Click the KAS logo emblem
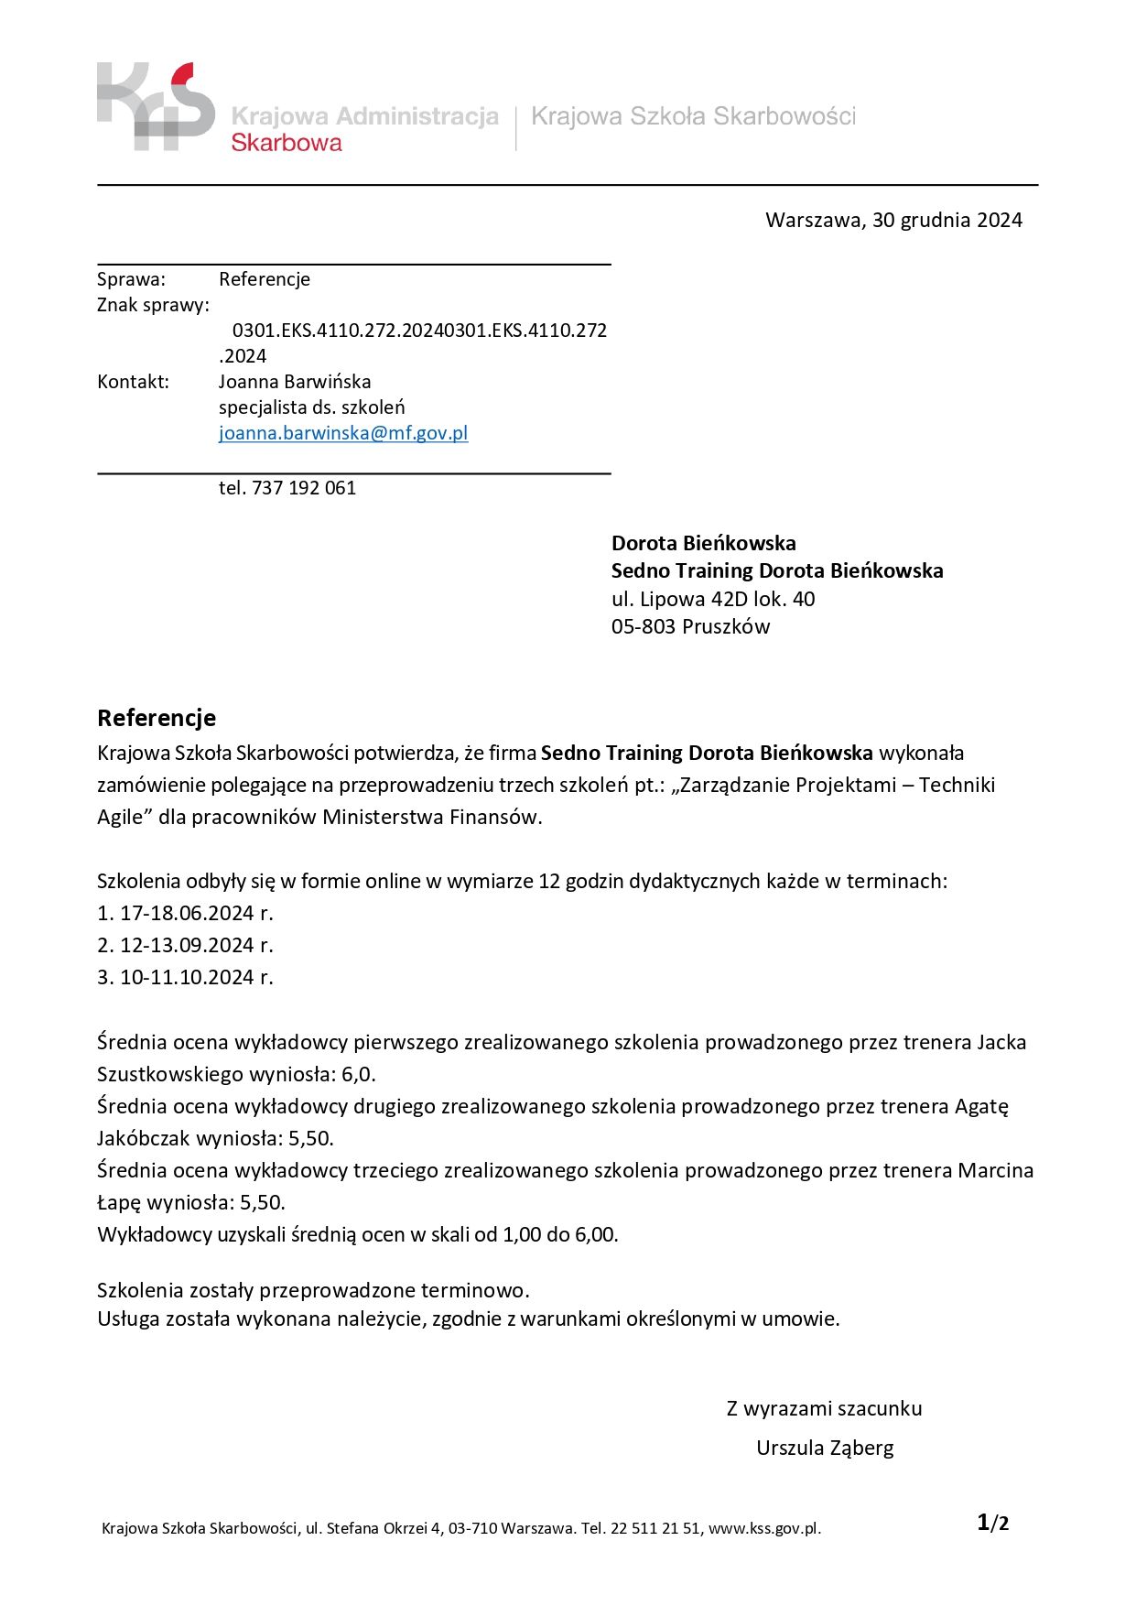pyautogui.click(x=156, y=106)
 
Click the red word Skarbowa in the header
pyautogui.click(x=287, y=143)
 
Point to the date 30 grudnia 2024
pyautogui.click(x=947, y=220)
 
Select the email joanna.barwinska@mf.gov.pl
pyautogui.click(x=343, y=433)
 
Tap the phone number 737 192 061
pyautogui.click(x=304, y=488)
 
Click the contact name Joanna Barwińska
pyautogui.click(x=295, y=382)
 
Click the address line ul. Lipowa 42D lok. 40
pyautogui.click(x=713, y=600)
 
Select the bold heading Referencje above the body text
pyautogui.click(x=157, y=718)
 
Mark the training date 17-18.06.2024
pyautogui.click(x=187, y=914)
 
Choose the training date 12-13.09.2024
pyautogui.click(x=187, y=946)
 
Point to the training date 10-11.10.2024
pyautogui.click(x=187, y=978)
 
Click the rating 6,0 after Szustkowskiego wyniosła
pyautogui.click(x=358, y=1074)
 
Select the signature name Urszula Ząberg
pyautogui.click(x=825, y=1449)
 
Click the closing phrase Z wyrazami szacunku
pyautogui.click(x=824, y=1409)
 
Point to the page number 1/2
pyautogui.click(x=993, y=1524)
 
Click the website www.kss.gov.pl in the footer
pyautogui.click(x=764, y=1528)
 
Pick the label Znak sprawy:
pyautogui.click(x=153, y=305)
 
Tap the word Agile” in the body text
pyautogui.click(x=124, y=817)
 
